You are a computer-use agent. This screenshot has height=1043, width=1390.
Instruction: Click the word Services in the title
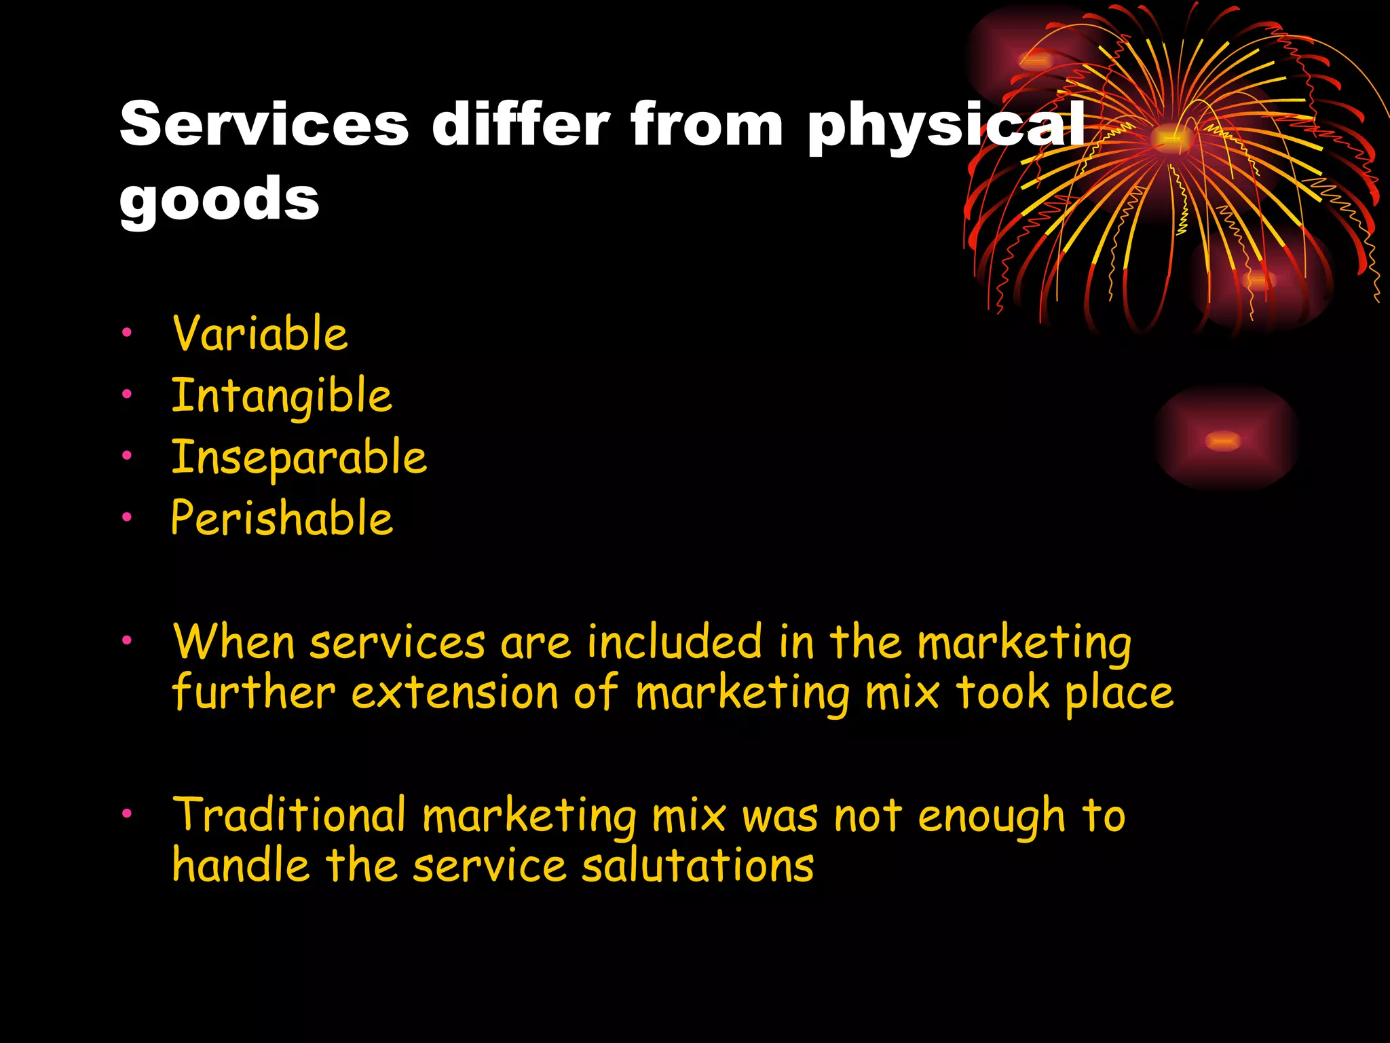(264, 124)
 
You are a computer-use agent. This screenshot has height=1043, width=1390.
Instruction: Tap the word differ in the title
(521, 124)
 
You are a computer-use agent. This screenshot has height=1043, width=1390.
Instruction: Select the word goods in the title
(219, 198)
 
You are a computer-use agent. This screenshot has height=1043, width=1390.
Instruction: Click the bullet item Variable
(260, 333)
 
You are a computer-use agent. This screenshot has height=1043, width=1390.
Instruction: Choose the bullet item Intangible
(282, 396)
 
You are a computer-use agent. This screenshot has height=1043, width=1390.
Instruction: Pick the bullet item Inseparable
(299, 458)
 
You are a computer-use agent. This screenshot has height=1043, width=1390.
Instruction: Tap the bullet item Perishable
(282, 518)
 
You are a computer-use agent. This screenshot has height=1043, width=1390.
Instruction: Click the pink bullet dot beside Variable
(126, 332)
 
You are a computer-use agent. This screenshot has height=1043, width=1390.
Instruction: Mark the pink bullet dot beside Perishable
(126, 517)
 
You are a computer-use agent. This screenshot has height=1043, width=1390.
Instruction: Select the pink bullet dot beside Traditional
(126, 813)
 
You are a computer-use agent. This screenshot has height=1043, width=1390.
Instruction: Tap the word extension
(455, 693)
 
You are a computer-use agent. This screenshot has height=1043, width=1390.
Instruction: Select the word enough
(992, 816)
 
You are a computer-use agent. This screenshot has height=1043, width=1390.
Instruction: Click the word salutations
(698, 866)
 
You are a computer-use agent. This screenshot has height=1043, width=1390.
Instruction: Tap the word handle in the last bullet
(241, 866)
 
